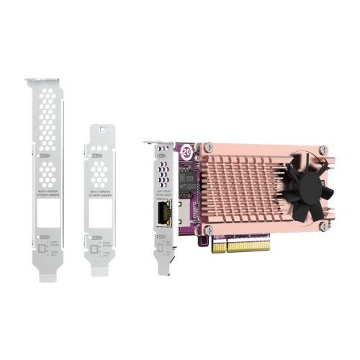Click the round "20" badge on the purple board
[x=186, y=153]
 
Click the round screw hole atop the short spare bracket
[x=101, y=131]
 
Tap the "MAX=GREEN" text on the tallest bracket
[x=48, y=189]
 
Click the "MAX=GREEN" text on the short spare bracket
[x=101, y=189]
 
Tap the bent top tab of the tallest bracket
[x=46, y=78]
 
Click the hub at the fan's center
[x=308, y=183]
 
